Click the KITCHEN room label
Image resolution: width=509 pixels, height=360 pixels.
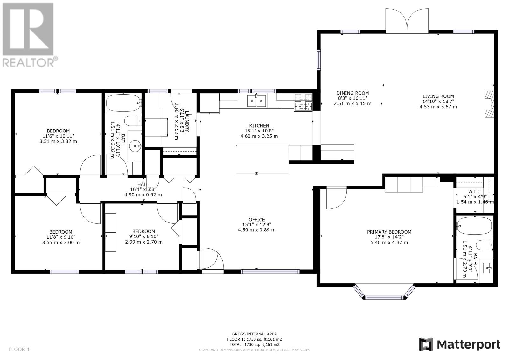pos(259,126)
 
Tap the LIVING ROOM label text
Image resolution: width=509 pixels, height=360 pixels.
pos(438,96)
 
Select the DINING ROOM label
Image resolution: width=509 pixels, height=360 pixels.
pos(352,93)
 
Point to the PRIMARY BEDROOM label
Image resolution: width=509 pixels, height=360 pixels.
pos(389,232)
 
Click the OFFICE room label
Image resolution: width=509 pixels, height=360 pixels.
pos(256,220)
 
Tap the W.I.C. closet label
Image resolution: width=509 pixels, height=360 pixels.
pos(475,192)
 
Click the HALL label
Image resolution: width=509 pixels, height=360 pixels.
pos(143,184)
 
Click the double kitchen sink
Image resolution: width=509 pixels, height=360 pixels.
pos(256,101)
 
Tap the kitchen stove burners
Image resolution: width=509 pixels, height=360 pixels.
pos(303,102)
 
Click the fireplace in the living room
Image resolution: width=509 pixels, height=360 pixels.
pos(489,104)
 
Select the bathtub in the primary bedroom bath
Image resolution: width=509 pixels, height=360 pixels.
pos(474,226)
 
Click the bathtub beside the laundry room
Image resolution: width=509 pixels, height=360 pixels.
pos(123,103)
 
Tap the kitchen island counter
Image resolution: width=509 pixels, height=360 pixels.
pos(262,159)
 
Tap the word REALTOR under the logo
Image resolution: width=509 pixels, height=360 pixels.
pos(28,62)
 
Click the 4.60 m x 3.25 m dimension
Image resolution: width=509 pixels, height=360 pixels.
pos(259,136)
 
